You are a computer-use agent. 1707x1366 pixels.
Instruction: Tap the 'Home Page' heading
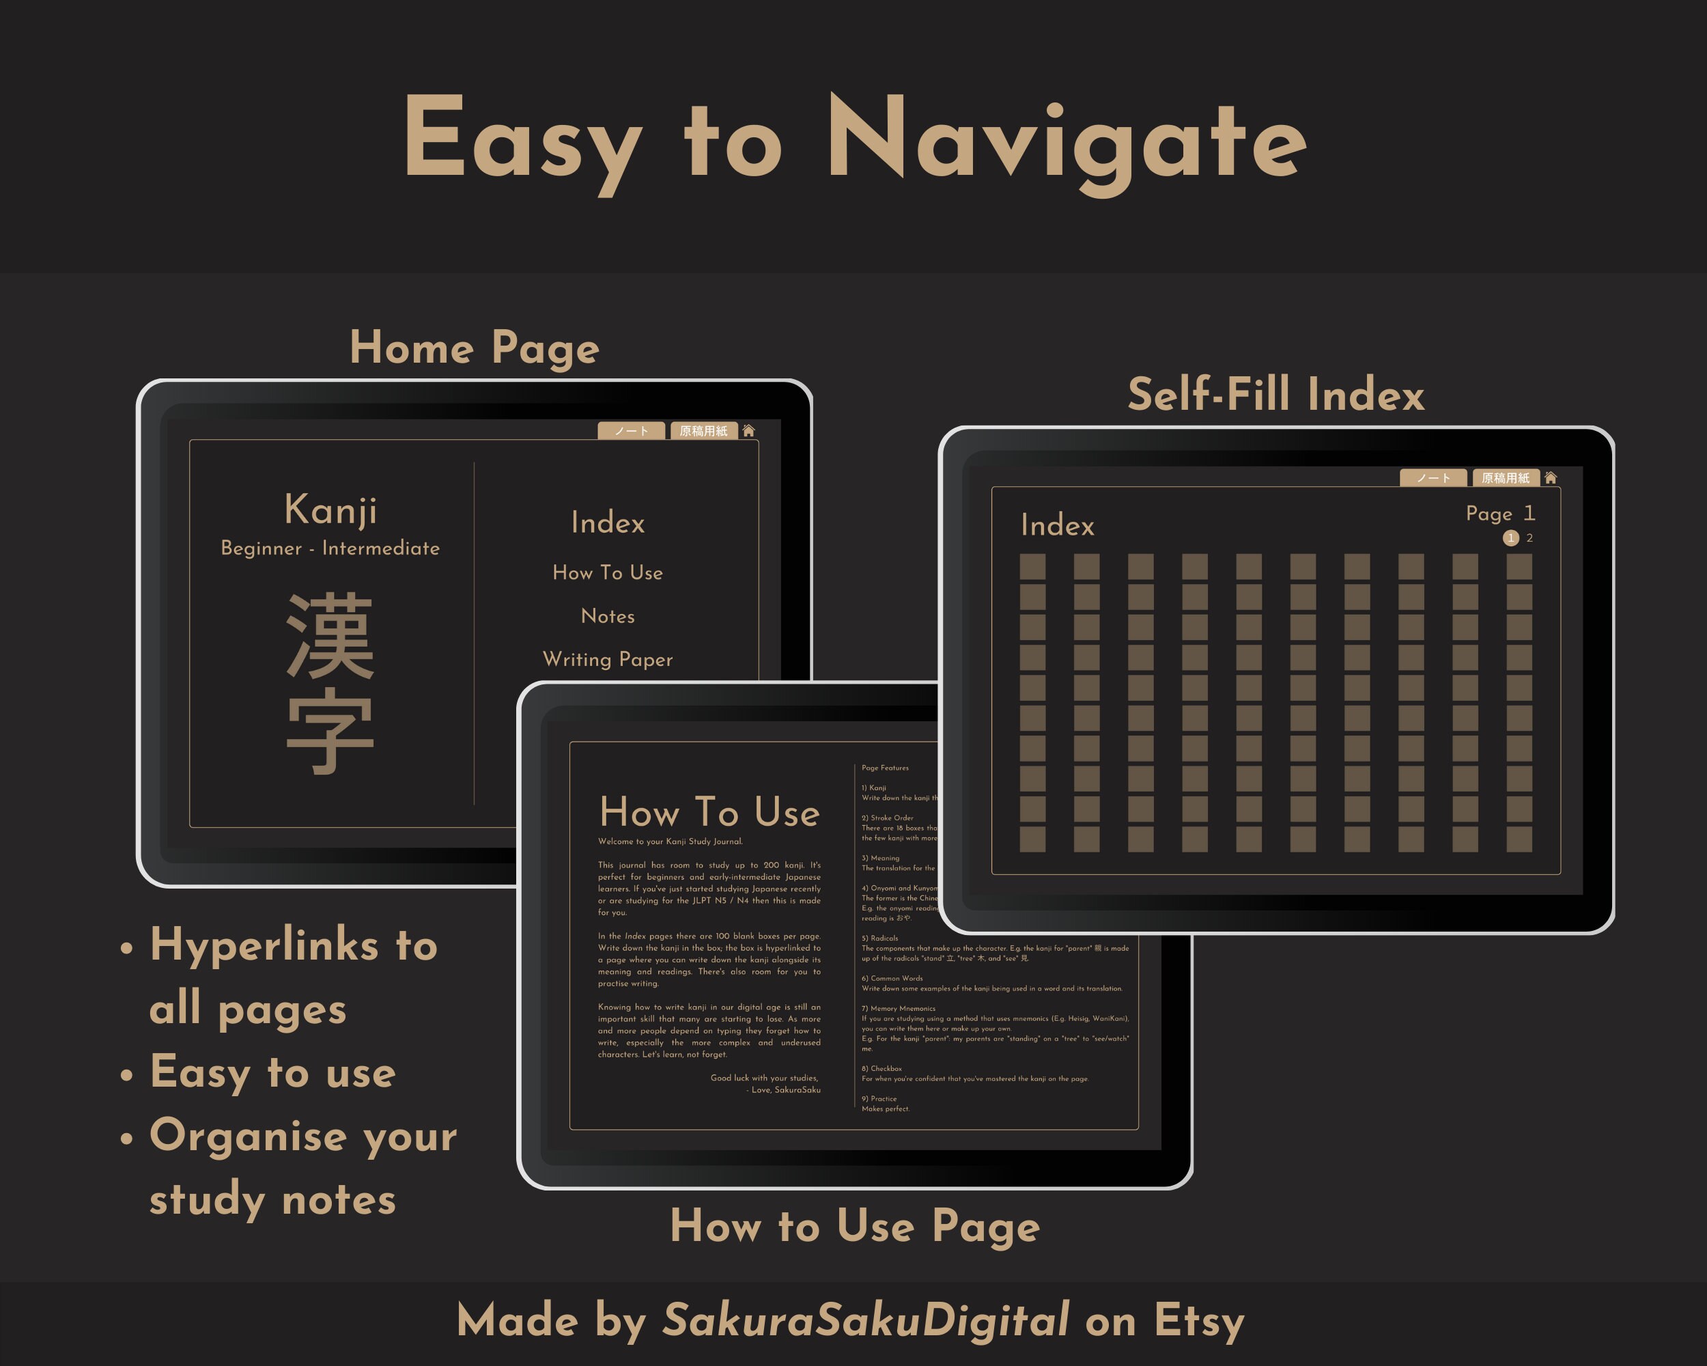tap(475, 348)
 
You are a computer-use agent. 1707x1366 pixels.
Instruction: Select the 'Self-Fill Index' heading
tap(1275, 394)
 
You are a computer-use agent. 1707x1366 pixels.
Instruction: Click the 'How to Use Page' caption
tap(854, 1226)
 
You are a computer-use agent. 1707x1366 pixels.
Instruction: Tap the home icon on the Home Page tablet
tap(748, 431)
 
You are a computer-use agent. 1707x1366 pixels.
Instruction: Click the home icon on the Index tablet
tap(1550, 477)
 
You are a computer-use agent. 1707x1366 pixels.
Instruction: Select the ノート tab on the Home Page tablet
tap(631, 431)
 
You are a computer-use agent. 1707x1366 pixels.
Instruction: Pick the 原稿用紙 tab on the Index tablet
tap(1505, 477)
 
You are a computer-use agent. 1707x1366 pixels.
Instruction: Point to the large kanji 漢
tap(330, 636)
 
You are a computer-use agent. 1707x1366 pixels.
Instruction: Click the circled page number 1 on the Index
tap(1510, 538)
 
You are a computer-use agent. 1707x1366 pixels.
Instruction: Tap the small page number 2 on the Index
tap(1529, 538)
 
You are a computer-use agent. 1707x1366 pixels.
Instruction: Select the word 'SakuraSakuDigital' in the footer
tap(865, 1320)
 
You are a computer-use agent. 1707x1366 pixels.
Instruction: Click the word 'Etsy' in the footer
tap(1199, 1321)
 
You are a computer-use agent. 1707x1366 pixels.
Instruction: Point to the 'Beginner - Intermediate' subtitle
tap(330, 548)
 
